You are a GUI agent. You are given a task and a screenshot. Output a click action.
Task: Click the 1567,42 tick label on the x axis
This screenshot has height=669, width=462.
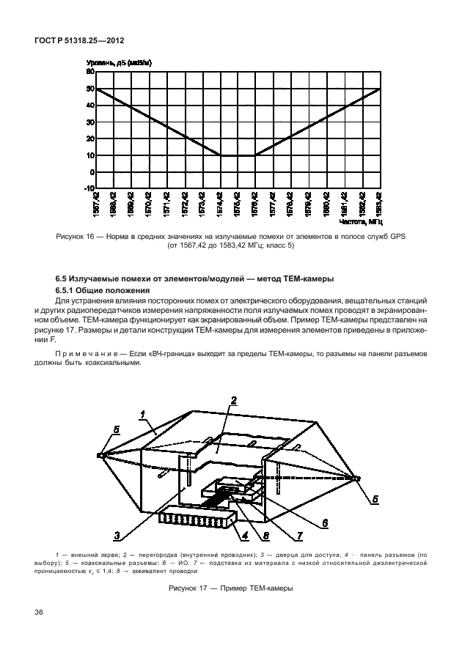(95, 204)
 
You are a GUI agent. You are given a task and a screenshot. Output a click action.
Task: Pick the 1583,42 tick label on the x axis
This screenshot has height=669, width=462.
(379, 204)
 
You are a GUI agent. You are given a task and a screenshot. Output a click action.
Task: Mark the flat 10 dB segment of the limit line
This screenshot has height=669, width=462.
(237, 155)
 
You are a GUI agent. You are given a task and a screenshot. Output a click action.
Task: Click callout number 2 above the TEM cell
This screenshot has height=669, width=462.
(233, 400)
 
